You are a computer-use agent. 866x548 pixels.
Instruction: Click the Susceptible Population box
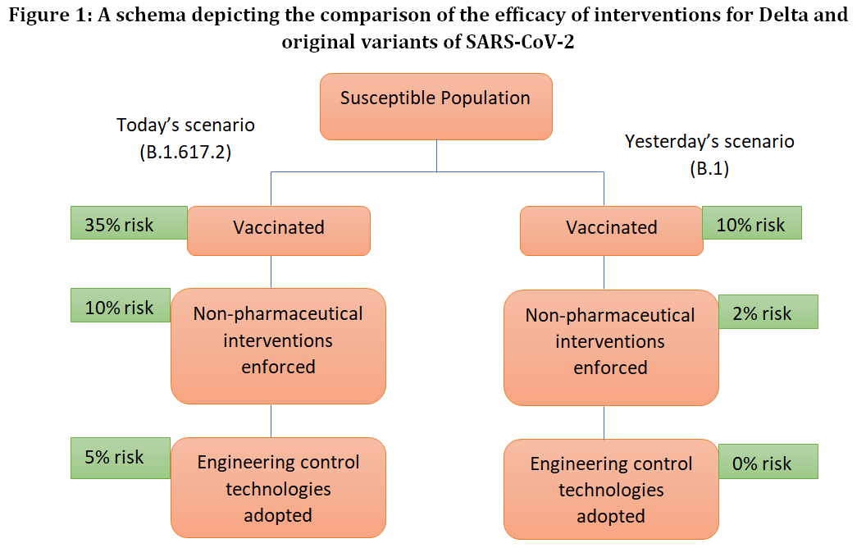[x=435, y=106]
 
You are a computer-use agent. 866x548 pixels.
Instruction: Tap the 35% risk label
[x=129, y=222]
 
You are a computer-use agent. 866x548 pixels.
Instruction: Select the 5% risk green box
[x=121, y=458]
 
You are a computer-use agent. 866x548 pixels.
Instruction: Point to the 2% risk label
[x=768, y=312]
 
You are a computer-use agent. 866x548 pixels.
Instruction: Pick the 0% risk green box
[x=768, y=461]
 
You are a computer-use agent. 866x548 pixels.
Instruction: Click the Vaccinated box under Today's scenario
[x=278, y=231]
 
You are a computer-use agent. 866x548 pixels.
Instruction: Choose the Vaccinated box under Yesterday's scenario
[x=612, y=231]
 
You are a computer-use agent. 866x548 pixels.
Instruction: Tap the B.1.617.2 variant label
[x=185, y=152]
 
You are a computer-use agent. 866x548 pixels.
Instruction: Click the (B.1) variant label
[x=709, y=168]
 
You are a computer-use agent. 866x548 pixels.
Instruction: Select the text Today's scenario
[x=185, y=126]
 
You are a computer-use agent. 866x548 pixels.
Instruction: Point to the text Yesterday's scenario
[x=709, y=142]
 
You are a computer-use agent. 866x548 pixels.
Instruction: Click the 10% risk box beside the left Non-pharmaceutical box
[x=121, y=305]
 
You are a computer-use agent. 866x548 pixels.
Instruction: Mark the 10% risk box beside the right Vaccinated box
[x=752, y=222]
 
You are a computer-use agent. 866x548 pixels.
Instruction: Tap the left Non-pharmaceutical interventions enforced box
[x=278, y=346]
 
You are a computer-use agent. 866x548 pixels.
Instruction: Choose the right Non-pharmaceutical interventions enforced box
[x=611, y=348]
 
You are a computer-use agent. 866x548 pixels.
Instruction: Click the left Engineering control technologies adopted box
[x=278, y=487]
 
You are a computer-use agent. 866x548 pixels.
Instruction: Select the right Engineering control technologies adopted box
[x=611, y=489]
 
